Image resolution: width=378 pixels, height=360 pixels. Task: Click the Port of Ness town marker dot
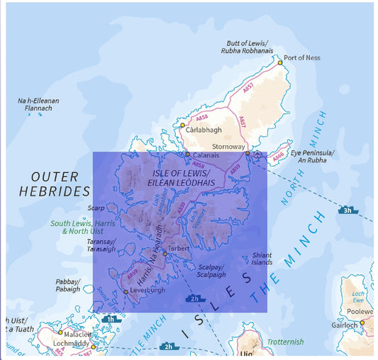tap(280, 62)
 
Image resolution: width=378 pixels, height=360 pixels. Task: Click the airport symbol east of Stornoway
tap(257, 154)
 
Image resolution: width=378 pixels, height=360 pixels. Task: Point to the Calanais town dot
tap(187, 154)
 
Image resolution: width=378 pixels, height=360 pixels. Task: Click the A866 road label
tap(279, 154)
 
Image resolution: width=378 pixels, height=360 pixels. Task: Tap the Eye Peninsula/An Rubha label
tap(312, 156)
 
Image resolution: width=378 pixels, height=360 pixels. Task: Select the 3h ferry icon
tap(347, 210)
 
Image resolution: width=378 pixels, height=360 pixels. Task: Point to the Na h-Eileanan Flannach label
tap(38, 104)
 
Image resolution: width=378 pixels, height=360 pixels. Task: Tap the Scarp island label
tap(96, 208)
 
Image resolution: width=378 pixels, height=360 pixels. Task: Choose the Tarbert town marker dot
tap(164, 254)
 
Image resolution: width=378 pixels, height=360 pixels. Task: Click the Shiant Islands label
tap(262, 259)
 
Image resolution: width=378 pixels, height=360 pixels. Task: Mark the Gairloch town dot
tap(362, 323)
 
